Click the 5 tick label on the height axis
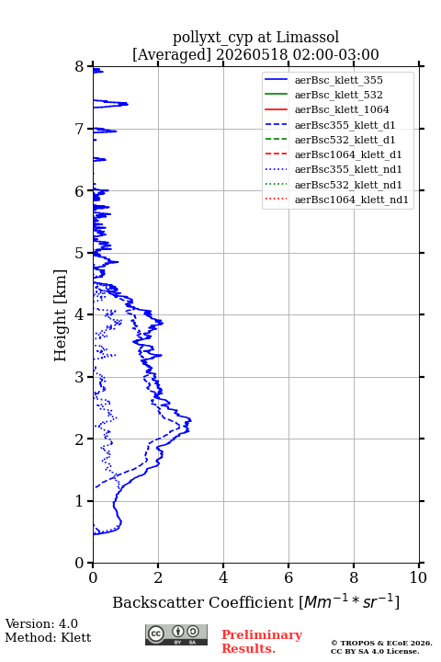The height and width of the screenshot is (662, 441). click(x=79, y=254)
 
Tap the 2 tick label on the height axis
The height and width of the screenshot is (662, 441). click(x=79, y=439)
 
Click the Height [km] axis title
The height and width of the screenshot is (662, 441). click(x=60, y=315)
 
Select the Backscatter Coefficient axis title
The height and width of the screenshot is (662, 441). click(x=255, y=601)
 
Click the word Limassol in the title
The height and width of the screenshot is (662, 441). click(x=307, y=37)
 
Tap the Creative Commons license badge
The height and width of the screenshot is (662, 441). click(x=176, y=634)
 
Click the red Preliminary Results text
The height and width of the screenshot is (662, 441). click(x=262, y=642)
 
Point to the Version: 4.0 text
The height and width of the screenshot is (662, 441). click(x=41, y=623)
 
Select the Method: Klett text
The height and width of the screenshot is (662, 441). click(x=48, y=637)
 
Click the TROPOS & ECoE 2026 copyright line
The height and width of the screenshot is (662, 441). click(x=381, y=643)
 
